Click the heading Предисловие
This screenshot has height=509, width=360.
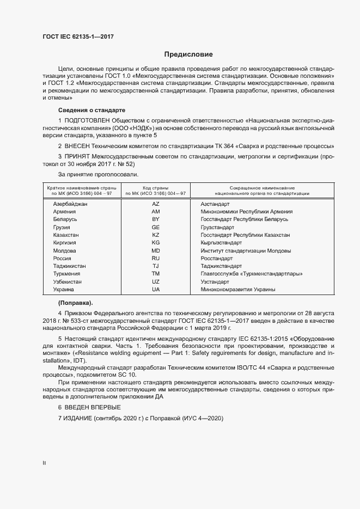click(x=188, y=54)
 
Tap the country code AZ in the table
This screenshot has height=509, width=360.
click(x=155, y=204)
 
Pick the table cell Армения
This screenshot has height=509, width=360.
click(x=64, y=211)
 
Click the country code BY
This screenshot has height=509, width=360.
click(x=155, y=219)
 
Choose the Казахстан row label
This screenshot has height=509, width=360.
click(x=66, y=235)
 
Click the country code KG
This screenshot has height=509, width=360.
click(x=155, y=242)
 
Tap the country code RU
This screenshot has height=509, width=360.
click(x=155, y=258)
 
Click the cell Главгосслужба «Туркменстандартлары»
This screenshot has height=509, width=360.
click(x=252, y=274)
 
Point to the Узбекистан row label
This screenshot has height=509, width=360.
click(x=68, y=282)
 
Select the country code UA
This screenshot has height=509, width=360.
click(x=155, y=290)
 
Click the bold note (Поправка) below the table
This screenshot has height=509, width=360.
click(x=76, y=302)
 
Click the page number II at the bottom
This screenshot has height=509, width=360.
click(x=44, y=463)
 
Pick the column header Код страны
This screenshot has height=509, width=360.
click(x=156, y=187)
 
